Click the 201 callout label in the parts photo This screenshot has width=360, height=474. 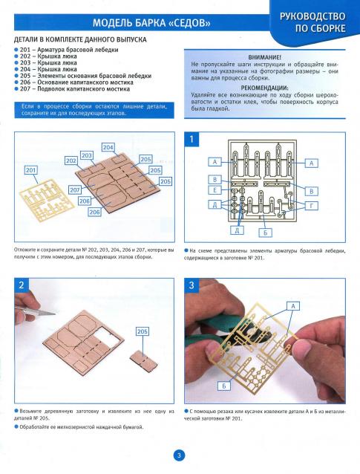(x=31, y=170)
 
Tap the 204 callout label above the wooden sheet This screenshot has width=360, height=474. (x=108, y=148)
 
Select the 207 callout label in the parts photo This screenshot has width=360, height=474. (x=75, y=190)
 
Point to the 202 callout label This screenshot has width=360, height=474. (x=71, y=160)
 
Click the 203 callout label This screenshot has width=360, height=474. (x=87, y=155)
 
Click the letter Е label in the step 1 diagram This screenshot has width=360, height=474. (x=215, y=190)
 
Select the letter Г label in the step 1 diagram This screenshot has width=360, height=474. (x=311, y=206)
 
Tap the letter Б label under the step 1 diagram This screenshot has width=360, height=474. (x=266, y=233)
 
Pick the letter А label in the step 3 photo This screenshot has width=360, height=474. (x=293, y=306)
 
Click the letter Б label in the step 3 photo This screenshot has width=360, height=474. (x=224, y=386)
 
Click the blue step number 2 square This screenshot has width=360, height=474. (x=22, y=285)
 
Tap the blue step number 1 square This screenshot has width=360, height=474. (x=192, y=139)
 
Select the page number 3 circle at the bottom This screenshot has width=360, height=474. (x=179, y=455)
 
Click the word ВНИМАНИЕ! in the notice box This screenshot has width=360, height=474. (x=264, y=57)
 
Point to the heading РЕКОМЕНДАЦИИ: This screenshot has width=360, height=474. (x=264, y=88)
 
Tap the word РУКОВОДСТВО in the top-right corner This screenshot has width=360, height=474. (x=312, y=16)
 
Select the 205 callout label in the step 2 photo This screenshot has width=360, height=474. (x=143, y=331)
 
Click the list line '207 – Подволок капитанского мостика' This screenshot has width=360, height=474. (x=73, y=89)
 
